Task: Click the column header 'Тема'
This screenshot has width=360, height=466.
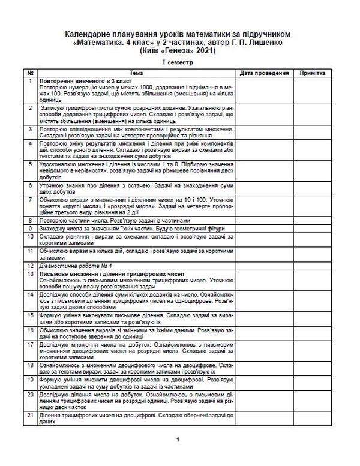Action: tap(136, 73)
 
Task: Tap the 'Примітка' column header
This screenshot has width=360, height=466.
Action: tap(310, 73)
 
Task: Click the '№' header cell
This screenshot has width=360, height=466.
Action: tap(30, 73)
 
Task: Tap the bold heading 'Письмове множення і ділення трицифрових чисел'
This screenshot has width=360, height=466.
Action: tap(105, 273)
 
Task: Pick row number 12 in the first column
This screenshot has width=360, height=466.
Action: tap(30, 264)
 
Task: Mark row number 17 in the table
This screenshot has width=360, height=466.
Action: tap(30, 345)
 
